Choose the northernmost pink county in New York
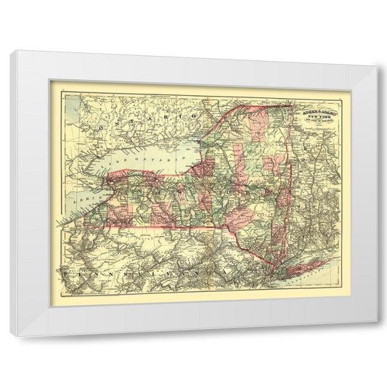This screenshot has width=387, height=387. click(254, 121)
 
